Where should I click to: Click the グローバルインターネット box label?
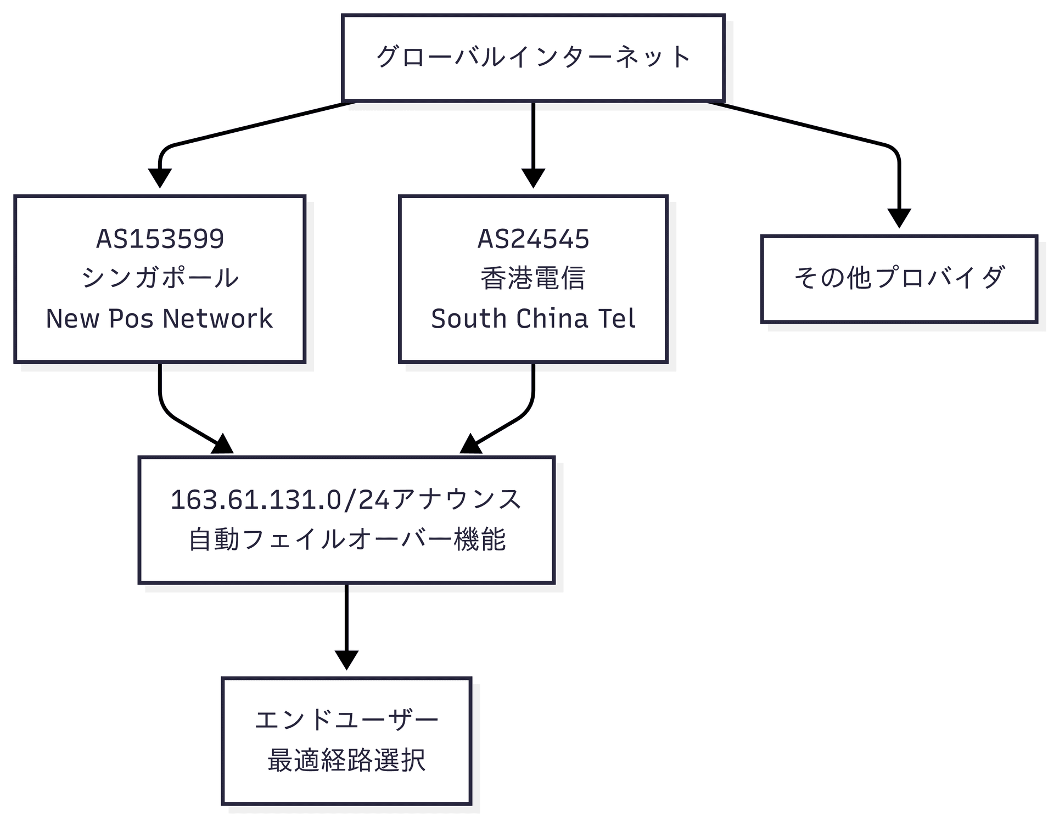(532, 57)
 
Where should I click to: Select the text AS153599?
(160, 239)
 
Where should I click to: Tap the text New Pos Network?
(160, 319)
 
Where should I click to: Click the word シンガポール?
(160, 278)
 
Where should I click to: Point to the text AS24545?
(533, 239)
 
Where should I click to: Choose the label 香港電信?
(533, 278)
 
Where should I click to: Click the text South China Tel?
(533, 319)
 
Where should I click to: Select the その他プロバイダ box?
(899, 278)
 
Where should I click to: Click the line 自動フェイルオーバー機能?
(346, 539)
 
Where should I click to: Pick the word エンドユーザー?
(346, 720)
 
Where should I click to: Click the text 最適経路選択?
(346, 761)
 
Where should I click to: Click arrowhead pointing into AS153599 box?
(160, 178)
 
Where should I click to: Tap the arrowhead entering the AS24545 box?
(533, 178)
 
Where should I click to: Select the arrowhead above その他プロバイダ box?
(899, 218)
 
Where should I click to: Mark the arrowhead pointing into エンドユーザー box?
(346, 660)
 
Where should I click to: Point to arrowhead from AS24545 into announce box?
(471, 445)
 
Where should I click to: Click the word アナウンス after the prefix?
(456, 500)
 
